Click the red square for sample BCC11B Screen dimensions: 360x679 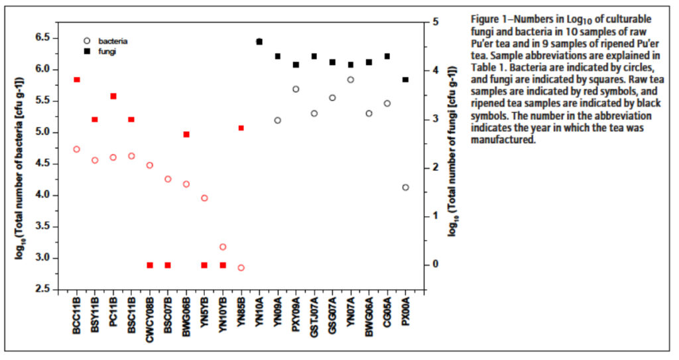point(77,80)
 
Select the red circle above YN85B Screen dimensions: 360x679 point(241,268)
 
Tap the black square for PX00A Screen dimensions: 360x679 point(406,80)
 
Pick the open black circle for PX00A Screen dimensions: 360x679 point(406,188)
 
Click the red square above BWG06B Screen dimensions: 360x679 point(186,134)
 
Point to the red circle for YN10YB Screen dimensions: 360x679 point(223,247)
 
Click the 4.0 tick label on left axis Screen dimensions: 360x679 point(43,195)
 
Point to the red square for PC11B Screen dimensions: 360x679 point(113,96)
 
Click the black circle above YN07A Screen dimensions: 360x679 point(351,80)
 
